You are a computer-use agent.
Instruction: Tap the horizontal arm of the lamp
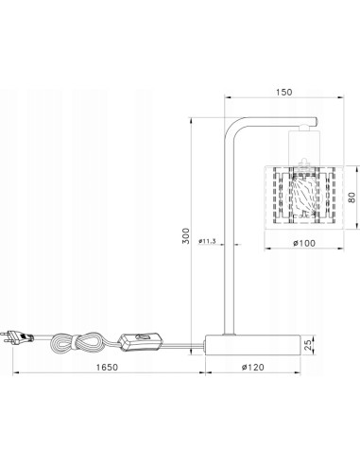point(274,120)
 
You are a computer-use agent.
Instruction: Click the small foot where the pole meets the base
point(228,334)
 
